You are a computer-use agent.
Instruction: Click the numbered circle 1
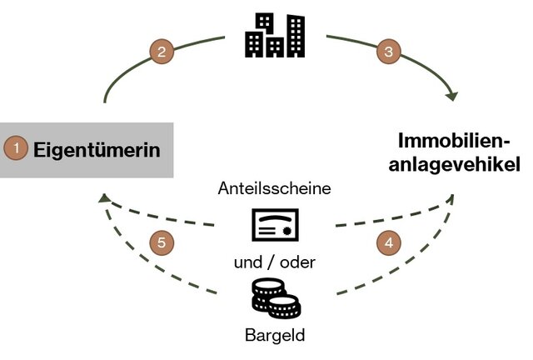[x=16, y=150]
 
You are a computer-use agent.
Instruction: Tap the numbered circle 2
[x=162, y=51]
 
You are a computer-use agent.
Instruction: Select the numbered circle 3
[x=387, y=51]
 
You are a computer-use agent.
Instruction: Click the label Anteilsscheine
[x=274, y=188]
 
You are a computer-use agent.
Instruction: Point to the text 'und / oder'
[x=274, y=263]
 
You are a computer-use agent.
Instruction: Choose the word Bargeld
[x=274, y=337]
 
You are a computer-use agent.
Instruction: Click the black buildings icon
[x=274, y=35]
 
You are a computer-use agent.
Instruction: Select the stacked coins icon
[x=274, y=300]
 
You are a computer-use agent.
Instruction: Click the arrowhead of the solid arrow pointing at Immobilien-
[x=451, y=97]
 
